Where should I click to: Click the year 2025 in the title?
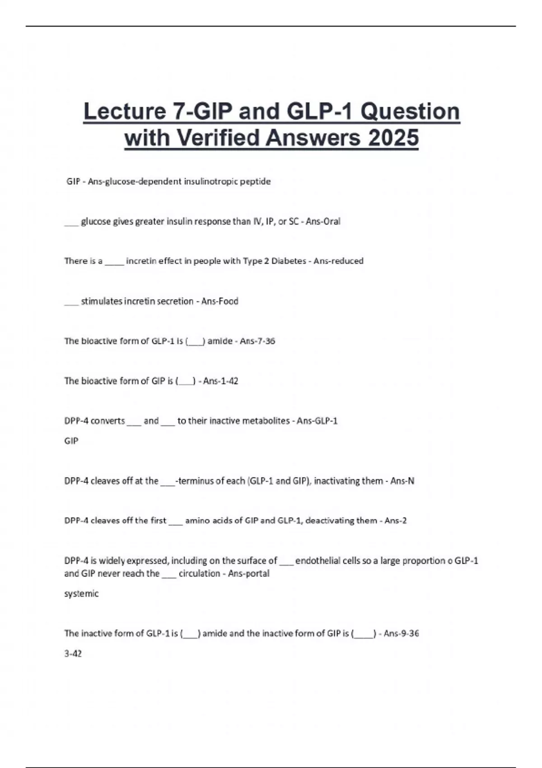(393, 138)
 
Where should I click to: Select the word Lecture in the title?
(125, 112)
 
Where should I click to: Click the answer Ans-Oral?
(323, 221)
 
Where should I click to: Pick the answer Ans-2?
(396, 520)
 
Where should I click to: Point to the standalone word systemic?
(81, 594)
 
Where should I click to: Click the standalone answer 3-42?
(73, 654)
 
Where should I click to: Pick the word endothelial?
(319, 561)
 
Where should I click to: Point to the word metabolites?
(266, 421)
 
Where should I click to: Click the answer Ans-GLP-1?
(317, 421)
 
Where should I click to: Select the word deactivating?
(329, 520)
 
